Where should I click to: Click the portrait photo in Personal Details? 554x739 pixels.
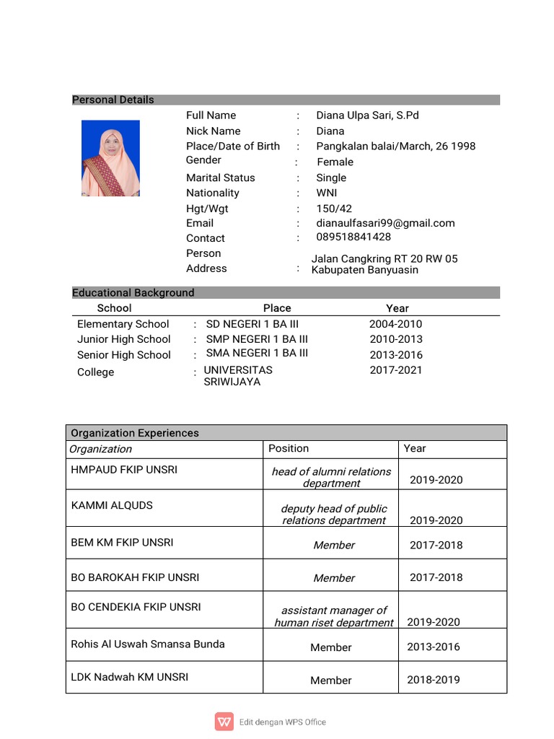[x=110, y=159]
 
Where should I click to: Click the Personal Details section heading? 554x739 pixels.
[x=113, y=100]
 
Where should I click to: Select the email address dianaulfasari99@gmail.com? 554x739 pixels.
[x=385, y=223]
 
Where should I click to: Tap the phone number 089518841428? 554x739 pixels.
[x=353, y=237]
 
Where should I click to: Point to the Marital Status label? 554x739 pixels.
[x=220, y=178]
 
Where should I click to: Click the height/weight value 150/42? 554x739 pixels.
[x=334, y=209]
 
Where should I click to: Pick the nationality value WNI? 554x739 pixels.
[x=326, y=193]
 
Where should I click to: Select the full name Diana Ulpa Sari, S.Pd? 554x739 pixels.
[x=367, y=115]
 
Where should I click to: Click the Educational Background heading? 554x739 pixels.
[x=133, y=292]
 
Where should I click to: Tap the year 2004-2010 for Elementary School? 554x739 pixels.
[x=395, y=324]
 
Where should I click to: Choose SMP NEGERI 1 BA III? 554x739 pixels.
[x=257, y=339]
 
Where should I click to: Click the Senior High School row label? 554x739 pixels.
[x=124, y=355]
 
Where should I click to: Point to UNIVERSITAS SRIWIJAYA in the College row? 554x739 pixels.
[x=238, y=376]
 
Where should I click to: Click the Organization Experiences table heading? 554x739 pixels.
[x=134, y=433]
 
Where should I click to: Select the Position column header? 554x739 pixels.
[x=289, y=448]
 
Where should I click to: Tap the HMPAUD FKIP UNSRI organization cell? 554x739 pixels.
[x=124, y=470]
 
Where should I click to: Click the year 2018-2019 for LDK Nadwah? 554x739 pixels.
[x=433, y=680]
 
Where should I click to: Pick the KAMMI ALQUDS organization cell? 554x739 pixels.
[x=112, y=505]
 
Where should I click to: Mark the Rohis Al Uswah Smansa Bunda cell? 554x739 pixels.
[x=148, y=644]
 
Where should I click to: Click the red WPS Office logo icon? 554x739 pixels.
[x=224, y=722]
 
